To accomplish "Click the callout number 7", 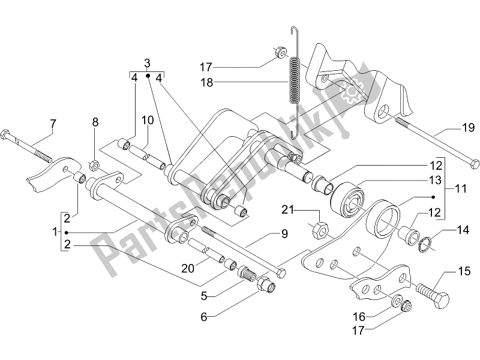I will pyautogui.click(x=53, y=124).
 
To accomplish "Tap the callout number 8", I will pyautogui.click(x=94, y=124).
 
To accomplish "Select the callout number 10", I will pyautogui.click(x=148, y=121).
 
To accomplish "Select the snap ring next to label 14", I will pyautogui.click(x=424, y=243).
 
